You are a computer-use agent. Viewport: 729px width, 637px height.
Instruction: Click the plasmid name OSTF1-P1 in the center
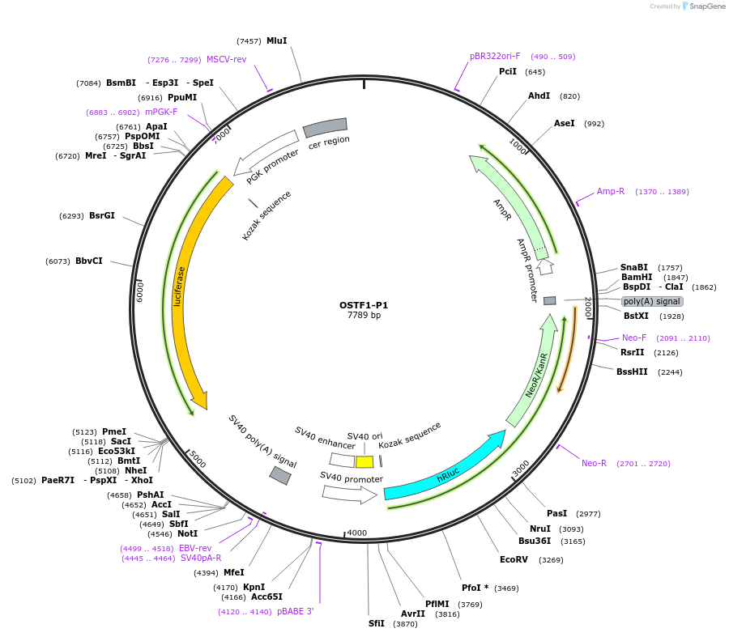point(364,305)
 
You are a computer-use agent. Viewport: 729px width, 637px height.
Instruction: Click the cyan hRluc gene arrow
point(446,469)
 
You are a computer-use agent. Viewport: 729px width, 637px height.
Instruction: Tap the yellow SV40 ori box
point(364,461)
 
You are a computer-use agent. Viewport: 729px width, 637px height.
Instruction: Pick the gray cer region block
point(325,127)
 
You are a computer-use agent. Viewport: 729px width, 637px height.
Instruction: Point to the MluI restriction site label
point(276,40)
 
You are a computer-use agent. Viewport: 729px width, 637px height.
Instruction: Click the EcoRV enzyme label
point(514,559)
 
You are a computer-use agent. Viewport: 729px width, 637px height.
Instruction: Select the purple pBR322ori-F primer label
point(495,57)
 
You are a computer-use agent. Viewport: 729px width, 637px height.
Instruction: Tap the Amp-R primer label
point(611,192)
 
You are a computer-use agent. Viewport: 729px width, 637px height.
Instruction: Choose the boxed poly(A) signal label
point(651,301)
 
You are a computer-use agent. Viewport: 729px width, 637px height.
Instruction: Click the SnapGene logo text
point(709,6)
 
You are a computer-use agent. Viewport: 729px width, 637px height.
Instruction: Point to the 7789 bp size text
point(364,316)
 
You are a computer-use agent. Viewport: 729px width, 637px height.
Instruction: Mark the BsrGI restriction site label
point(102,216)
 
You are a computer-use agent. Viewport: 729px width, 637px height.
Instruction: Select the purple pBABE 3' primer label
point(295,612)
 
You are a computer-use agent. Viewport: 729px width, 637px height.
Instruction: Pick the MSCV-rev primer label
point(226,60)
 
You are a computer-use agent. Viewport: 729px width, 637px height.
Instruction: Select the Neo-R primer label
point(594,464)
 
